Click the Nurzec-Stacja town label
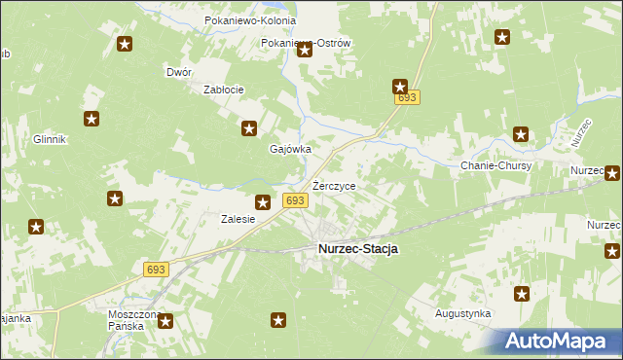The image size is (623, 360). (x=357, y=249)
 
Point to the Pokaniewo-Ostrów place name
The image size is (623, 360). (x=306, y=43)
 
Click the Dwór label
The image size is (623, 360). (x=179, y=72)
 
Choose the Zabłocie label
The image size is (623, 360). (x=222, y=90)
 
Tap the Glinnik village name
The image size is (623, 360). (x=49, y=139)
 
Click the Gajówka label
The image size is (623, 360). (x=289, y=149)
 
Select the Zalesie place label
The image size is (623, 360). (x=238, y=219)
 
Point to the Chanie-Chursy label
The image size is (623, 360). (x=495, y=165)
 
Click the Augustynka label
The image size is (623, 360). (x=463, y=314)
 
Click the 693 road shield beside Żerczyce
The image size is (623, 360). (x=296, y=200)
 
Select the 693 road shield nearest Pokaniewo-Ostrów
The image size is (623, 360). (x=407, y=98)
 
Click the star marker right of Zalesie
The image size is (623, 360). (x=262, y=202)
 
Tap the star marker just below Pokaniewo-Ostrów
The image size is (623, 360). (x=304, y=51)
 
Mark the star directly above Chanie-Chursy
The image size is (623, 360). (x=521, y=135)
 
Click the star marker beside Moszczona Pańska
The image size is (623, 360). (x=165, y=320)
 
